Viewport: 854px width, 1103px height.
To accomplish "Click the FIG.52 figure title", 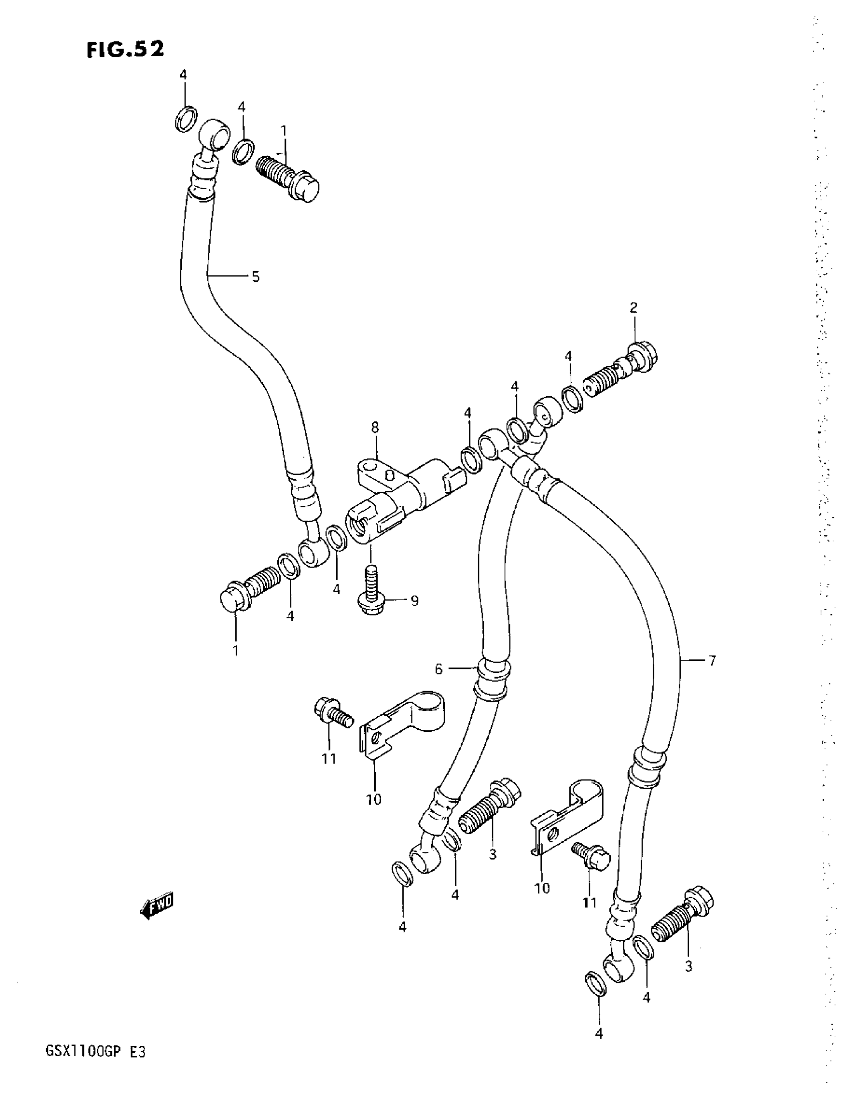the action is point(125,50).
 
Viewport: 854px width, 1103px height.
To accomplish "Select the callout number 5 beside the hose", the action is point(256,277).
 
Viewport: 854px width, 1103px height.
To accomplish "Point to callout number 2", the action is point(633,307).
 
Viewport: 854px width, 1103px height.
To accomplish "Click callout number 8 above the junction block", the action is point(375,428).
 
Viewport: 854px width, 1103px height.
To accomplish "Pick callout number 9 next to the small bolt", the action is point(414,601).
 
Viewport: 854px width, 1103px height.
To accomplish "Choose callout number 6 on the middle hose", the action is point(439,670).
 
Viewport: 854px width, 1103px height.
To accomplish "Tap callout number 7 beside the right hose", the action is point(712,660).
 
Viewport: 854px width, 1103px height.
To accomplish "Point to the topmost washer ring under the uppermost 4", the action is point(186,119).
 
